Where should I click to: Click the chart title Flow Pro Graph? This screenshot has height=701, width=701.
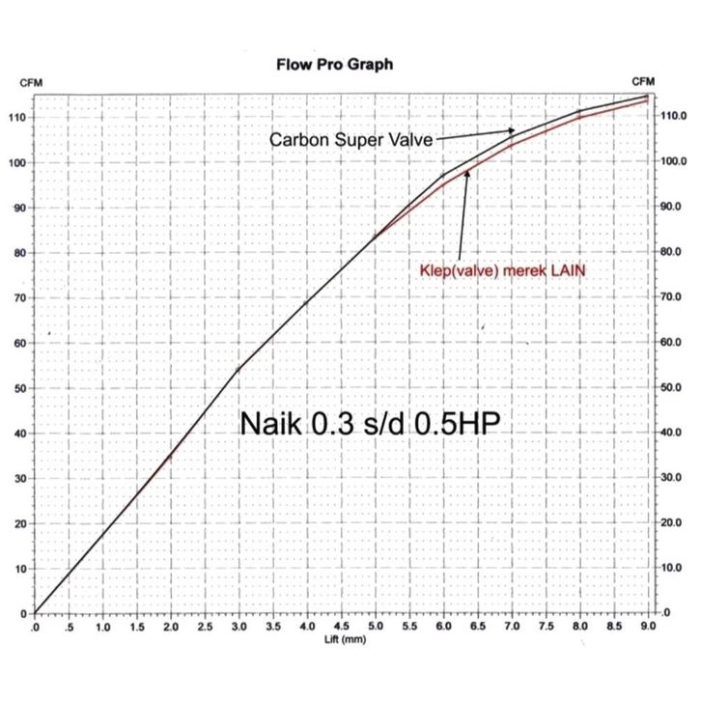[x=334, y=65]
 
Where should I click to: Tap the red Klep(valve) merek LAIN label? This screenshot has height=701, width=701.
[x=503, y=271]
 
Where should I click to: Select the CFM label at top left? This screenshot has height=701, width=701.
[x=32, y=82]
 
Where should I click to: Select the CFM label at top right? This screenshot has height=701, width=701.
[x=643, y=81]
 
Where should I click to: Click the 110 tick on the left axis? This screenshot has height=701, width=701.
[x=17, y=117]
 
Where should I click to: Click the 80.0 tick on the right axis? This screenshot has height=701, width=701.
[x=671, y=252]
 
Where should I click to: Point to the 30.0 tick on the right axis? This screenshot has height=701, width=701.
[x=671, y=478]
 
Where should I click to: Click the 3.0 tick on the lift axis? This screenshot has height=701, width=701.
[x=238, y=628]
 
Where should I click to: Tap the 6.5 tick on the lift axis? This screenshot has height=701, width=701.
[x=477, y=628]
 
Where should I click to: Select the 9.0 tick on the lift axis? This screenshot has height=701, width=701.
[x=647, y=628]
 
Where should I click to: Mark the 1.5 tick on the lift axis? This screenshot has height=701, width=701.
[x=136, y=628]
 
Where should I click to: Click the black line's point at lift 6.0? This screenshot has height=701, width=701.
[x=443, y=175]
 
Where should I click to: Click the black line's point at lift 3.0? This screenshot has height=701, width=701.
[x=238, y=369]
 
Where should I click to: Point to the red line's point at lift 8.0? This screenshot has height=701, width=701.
[x=579, y=117]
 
